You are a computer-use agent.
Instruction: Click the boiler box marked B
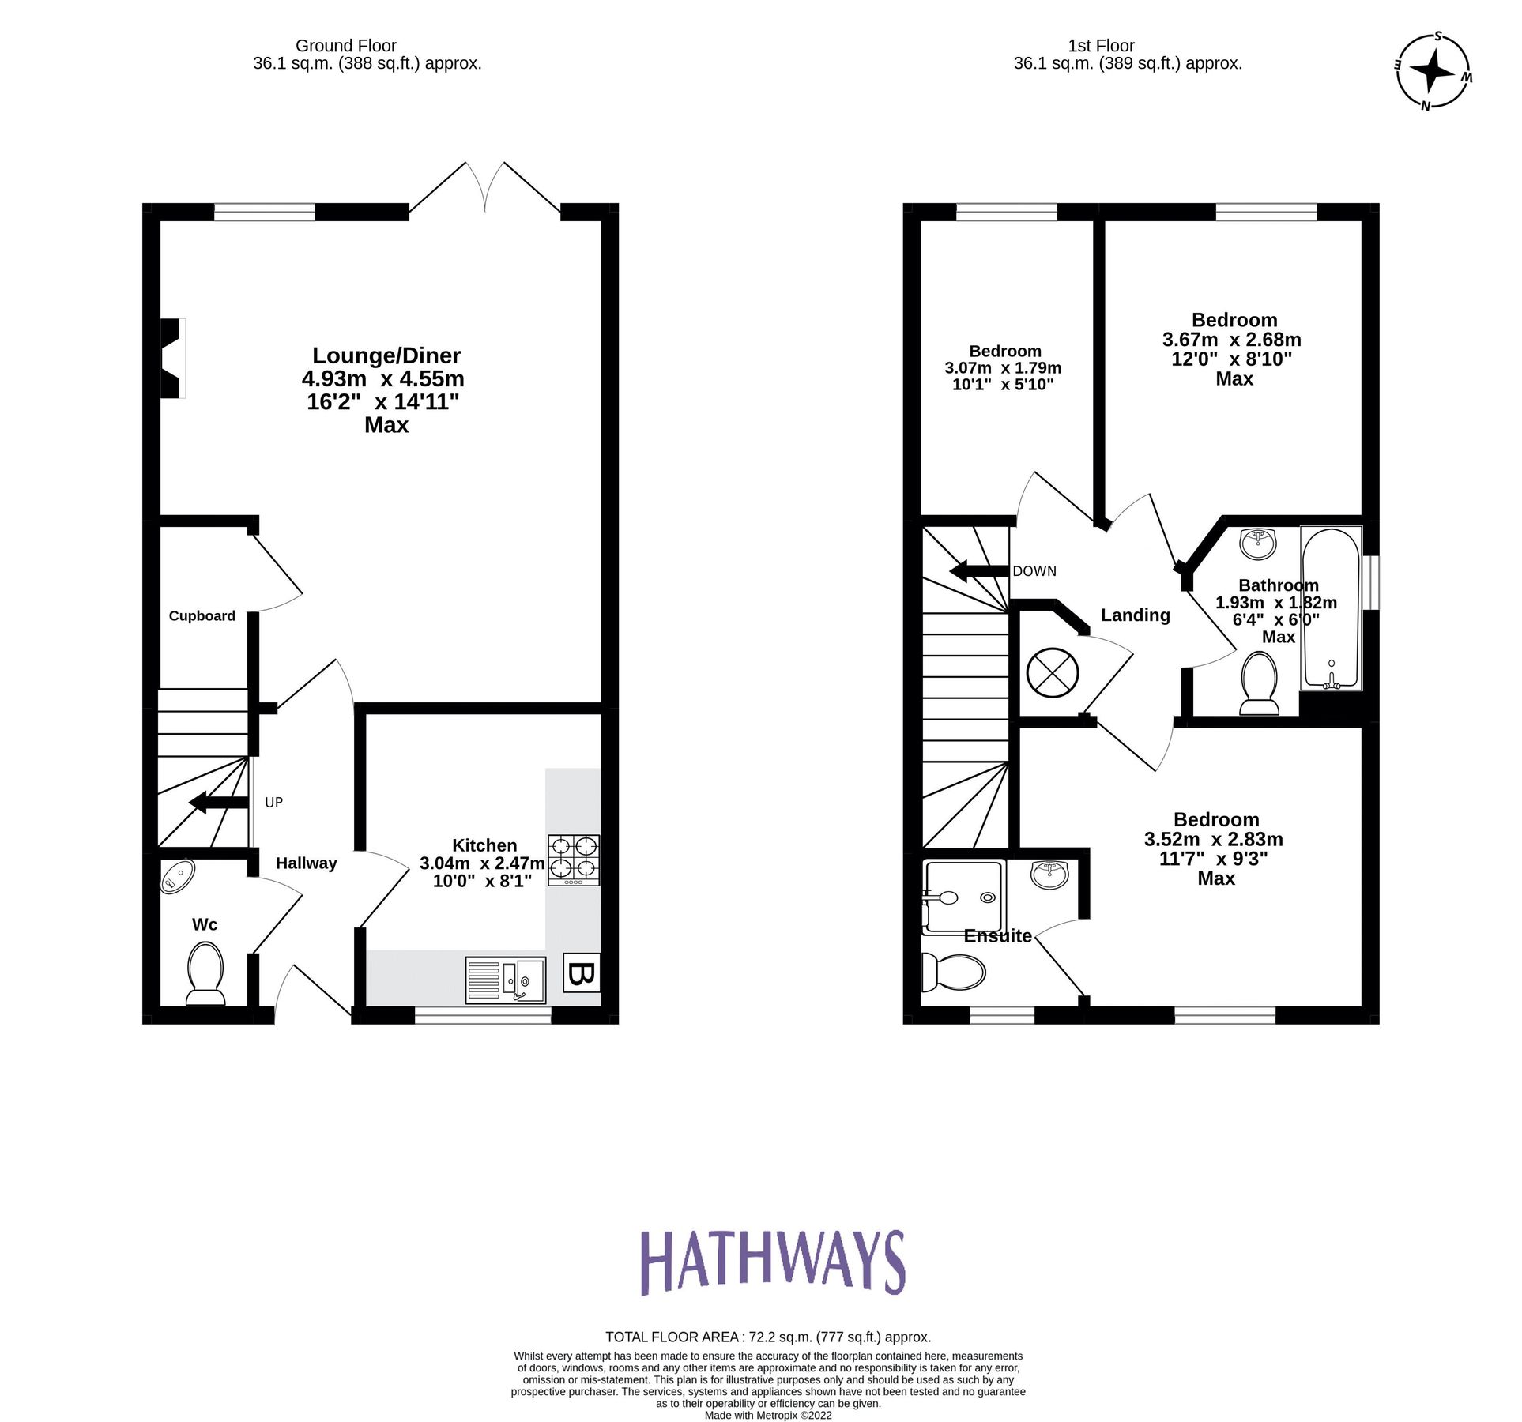pos(581,973)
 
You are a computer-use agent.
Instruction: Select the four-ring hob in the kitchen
pos(574,860)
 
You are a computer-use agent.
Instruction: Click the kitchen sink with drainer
pos(506,980)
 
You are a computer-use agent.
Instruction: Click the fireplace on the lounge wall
pos(171,358)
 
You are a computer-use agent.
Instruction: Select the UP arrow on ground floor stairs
pos(218,803)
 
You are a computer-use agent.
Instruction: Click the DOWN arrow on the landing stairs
pos(979,571)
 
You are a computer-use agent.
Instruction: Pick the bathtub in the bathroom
pos(1331,607)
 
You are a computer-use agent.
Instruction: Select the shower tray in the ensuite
pos(963,897)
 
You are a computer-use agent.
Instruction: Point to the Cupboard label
pos(202,616)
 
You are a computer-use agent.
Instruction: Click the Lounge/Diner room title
pos(386,355)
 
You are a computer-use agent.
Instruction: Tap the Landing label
pos(1135,615)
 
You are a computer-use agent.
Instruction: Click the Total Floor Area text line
pos(767,1337)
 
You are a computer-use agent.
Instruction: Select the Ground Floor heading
pos(345,46)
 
